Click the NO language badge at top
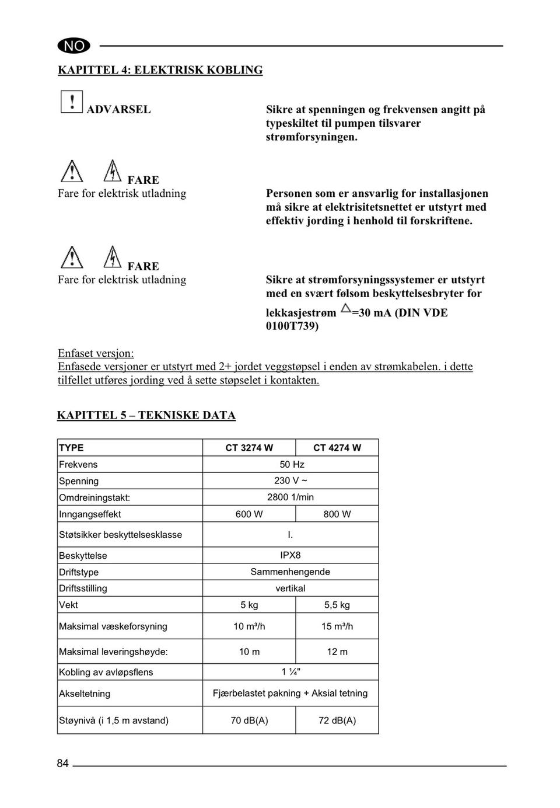(x=74, y=46)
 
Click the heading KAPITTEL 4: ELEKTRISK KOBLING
(x=160, y=70)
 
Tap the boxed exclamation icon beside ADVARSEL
(x=71, y=102)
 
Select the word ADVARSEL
(x=118, y=109)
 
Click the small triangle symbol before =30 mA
(x=345, y=308)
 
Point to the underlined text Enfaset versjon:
(x=96, y=353)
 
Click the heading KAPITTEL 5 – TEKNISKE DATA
(x=146, y=416)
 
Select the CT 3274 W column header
(x=249, y=448)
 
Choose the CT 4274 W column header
(x=337, y=448)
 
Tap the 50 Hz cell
(x=292, y=465)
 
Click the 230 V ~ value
(x=290, y=480)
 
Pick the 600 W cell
(x=249, y=514)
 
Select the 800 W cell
(x=337, y=514)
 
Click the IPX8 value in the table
(x=290, y=555)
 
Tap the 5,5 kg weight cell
(x=337, y=605)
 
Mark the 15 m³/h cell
(x=337, y=626)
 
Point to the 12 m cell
(x=337, y=652)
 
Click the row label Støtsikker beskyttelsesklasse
(x=120, y=535)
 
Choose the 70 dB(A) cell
(x=249, y=720)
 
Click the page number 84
(x=62, y=764)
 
